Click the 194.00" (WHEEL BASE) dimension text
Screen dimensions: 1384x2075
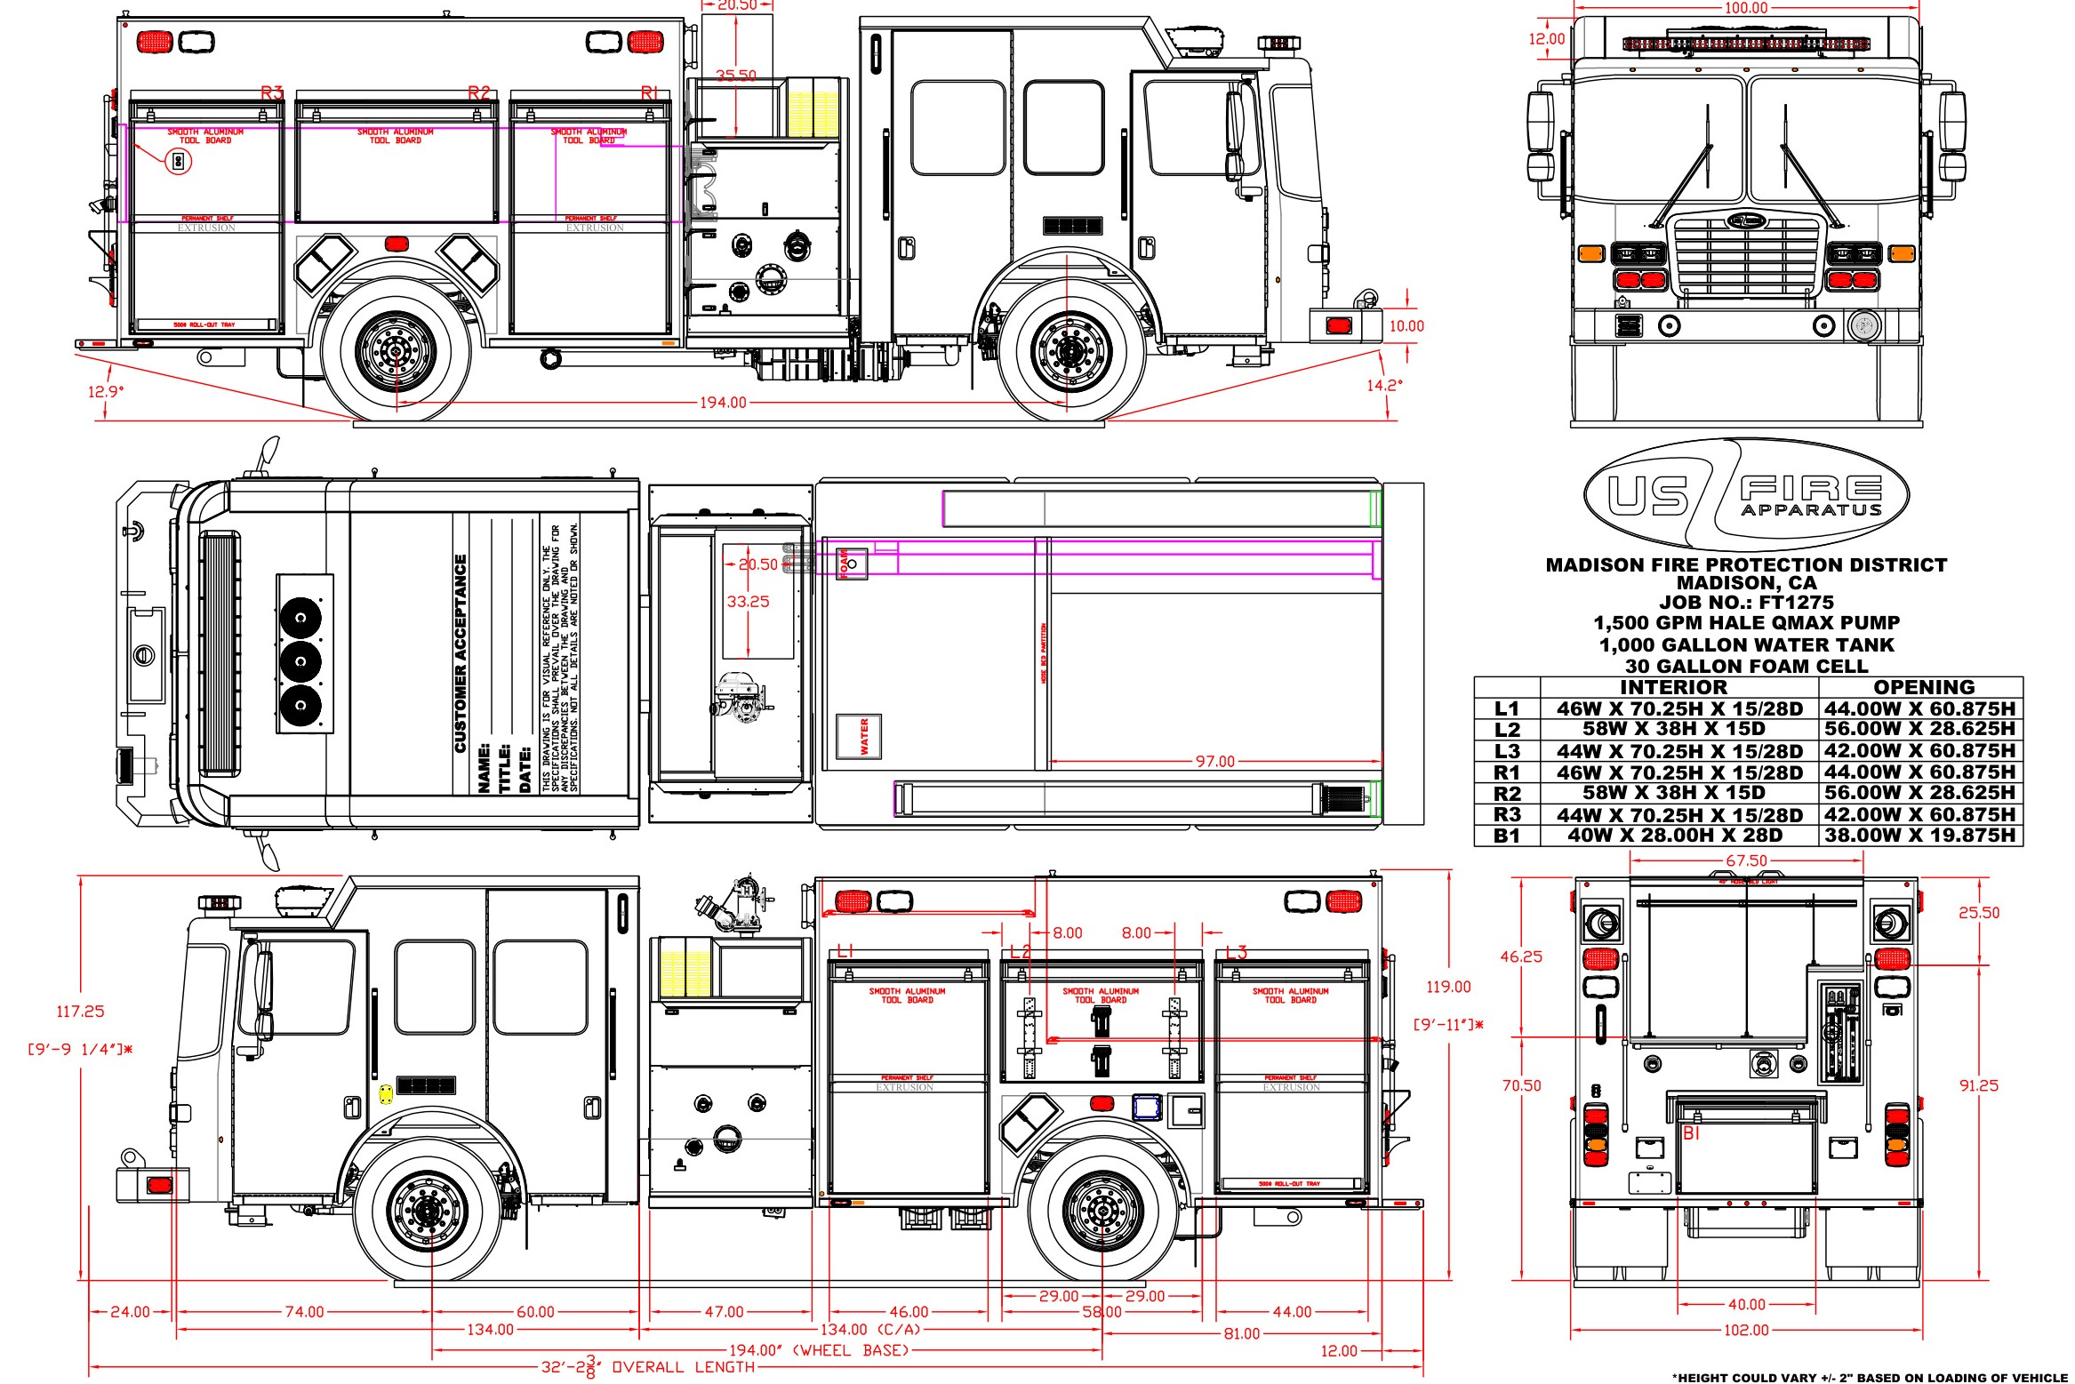pyautogui.click(x=819, y=1350)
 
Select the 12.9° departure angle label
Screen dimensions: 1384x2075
pyautogui.click(x=106, y=391)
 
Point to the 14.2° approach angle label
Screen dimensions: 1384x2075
pyautogui.click(x=1384, y=385)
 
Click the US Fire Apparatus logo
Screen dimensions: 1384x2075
pyautogui.click(x=1746, y=494)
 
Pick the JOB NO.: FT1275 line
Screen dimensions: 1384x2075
pyautogui.click(x=1746, y=603)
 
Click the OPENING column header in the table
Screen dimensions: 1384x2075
pyautogui.click(x=1924, y=687)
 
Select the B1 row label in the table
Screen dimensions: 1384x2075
pyautogui.click(x=1507, y=836)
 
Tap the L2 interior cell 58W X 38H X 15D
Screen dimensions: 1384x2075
pyautogui.click(x=1673, y=729)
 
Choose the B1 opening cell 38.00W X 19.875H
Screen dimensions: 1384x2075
pyautogui.click(x=1919, y=836)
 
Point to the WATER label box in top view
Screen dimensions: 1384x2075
pyautogui.click(x=860, y=737)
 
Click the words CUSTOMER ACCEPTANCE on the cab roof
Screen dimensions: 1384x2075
pyautogui.click(x=461, y=653)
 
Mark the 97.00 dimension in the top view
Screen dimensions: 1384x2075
pyautogui.click(x=1214, y=762)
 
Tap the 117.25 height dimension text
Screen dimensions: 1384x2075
pyautogui.click(x=80, y=1012)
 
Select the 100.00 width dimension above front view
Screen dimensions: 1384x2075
pyautogui.click(x=1746, y=8)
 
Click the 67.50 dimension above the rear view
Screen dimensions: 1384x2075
pyautogui.click(x=1746, y=860)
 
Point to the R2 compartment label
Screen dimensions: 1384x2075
pyautogui.click(x=479, y=92)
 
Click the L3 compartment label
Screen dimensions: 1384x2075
pyautogui.click(x=1237, y=952)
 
